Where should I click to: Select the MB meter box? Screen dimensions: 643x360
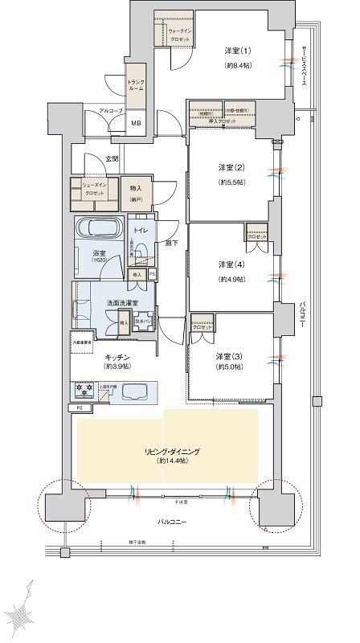tap(136, 122)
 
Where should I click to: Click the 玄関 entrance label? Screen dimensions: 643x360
tap(112, 159)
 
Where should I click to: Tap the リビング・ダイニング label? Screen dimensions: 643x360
tap(172, 453)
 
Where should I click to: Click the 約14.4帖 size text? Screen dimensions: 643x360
tap(172, 464)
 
